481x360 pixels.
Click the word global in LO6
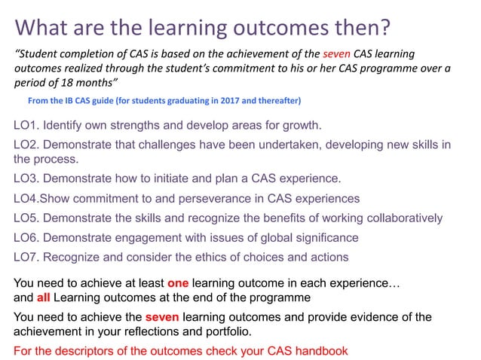[x=250, y=238]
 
